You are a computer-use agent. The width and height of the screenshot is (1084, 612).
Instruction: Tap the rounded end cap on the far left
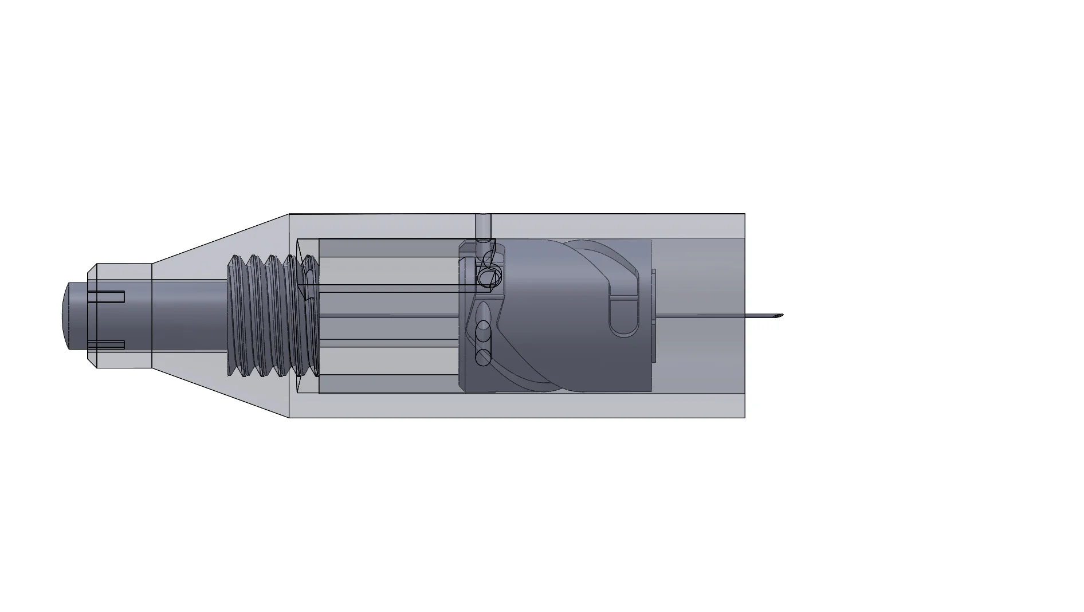point(65,316)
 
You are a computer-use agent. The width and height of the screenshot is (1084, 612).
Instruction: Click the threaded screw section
point(269,316)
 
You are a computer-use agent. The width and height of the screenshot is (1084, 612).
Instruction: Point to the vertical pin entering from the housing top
point(484,226)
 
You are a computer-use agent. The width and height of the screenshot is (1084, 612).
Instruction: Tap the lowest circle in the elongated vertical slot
point(484,358)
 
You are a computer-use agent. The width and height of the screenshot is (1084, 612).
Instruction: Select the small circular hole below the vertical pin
point(490,278)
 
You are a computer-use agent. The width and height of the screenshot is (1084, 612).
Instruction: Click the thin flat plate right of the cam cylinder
point(654,316)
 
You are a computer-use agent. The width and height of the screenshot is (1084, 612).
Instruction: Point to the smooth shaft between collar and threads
point(189,316)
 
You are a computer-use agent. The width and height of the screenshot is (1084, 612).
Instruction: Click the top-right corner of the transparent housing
point(744,215)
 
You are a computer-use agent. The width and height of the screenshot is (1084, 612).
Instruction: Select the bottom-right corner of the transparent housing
point(744,417)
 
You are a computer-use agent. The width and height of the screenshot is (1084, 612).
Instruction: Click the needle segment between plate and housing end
point(699,316)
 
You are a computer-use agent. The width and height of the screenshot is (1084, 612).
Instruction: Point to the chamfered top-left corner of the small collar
point(92,268)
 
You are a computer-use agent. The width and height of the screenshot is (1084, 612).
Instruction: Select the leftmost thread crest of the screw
point(233,316)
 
